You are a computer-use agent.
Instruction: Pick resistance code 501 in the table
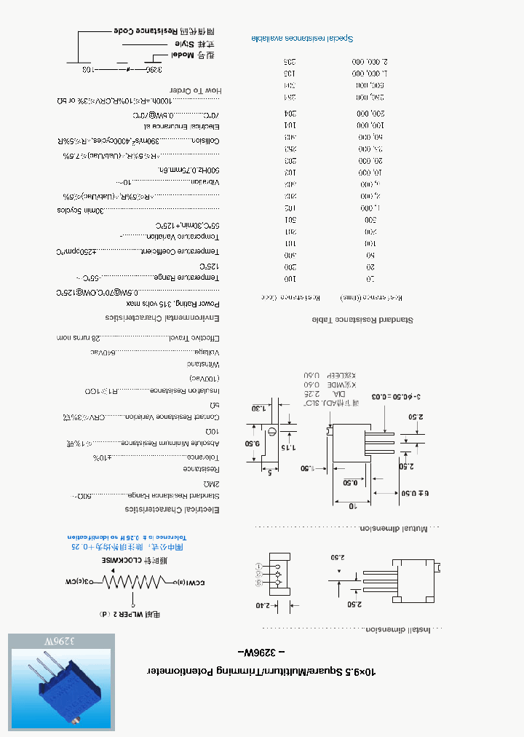[289, 219]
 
